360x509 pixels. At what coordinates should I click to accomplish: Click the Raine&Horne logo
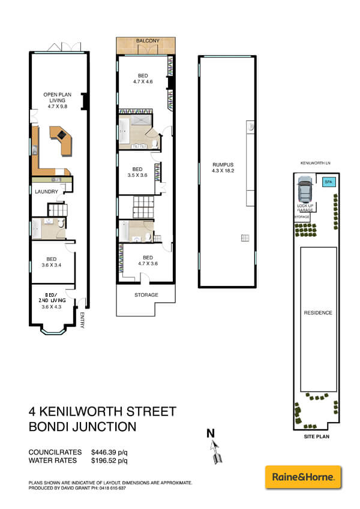coord(303,477)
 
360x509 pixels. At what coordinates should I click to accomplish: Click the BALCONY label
coord(147,41)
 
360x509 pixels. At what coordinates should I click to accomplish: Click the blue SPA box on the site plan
coord(328,182)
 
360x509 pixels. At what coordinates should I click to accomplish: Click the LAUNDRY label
coord(46,192)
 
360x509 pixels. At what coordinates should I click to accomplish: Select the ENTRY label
coord(83,321)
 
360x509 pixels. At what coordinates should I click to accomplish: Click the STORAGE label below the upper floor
coord(146,295)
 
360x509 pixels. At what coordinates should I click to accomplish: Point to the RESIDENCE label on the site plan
coord(318,313)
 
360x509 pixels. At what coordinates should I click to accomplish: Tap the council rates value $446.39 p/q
coord(109,452)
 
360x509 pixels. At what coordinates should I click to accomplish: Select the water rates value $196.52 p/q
coord(109,461)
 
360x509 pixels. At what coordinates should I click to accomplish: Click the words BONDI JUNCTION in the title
coord(83,427)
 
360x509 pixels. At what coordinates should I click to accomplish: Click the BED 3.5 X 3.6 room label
coord(137,172)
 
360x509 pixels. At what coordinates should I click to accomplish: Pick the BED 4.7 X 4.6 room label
coord(143,79)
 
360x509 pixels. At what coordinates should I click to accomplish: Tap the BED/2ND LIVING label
coord(52,302)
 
